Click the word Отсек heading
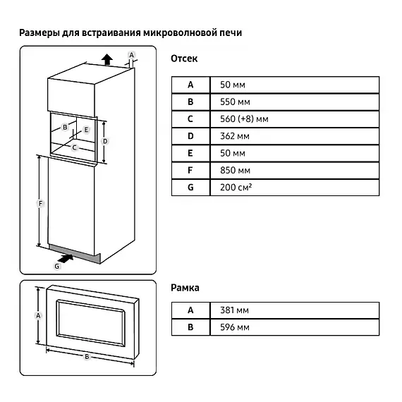coord(184,59)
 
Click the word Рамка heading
coord(185,288)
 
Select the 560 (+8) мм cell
coord(295,119)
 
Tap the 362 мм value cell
coord(295,136)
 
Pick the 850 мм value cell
coord(295,171)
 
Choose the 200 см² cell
coord(295,188)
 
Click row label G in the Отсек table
coord(190,188)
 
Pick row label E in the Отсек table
coord(190,153)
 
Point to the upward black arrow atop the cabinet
coord(107,59)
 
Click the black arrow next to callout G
coord(66,259)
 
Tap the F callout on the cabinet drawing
coord(40,204)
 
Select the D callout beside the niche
coord(105,141)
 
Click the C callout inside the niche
coord(74,147)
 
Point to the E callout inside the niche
coord(86,130)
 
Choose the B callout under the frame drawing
coord(87,356)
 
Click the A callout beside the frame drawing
coord(38,315)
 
